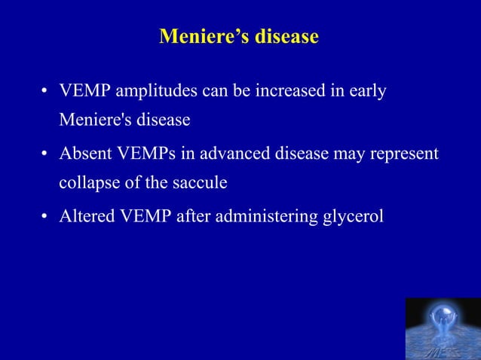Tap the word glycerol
(354, 217)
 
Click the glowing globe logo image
(443, 328)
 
